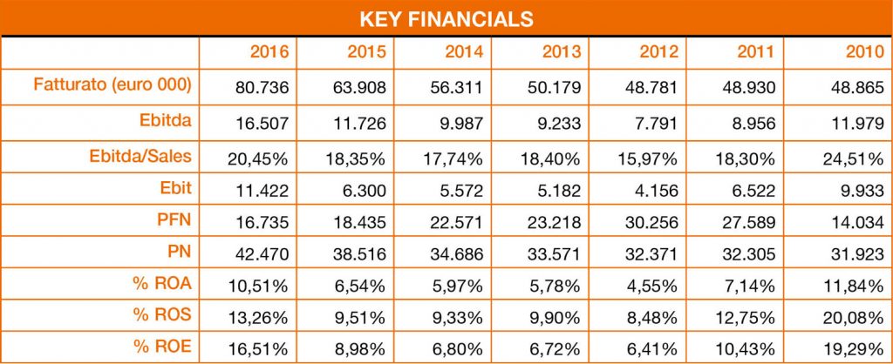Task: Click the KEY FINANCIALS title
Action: click(446, 17)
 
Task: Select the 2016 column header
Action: click(269, 52)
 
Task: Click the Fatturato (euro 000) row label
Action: click(112, 85)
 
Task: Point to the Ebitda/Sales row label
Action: click(140, 156)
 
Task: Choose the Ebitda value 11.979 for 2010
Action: click(859, 123)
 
